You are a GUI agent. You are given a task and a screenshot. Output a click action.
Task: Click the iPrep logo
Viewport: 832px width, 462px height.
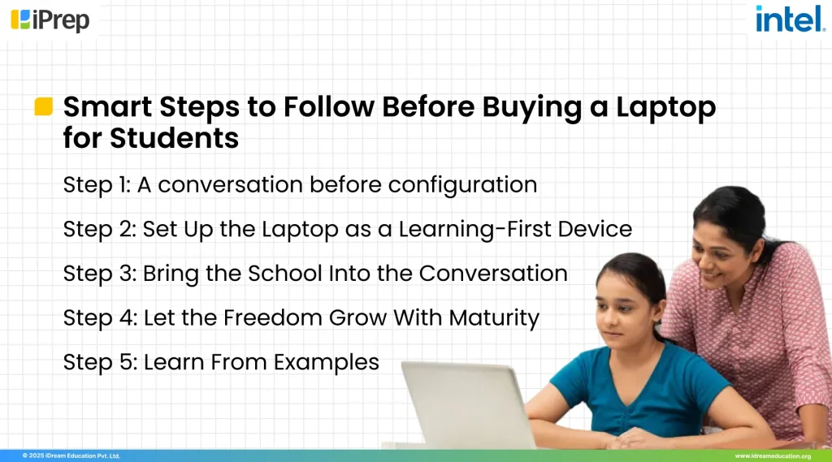(x=50, y=19)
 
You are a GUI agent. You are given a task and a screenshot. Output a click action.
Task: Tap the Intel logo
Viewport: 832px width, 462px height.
(x=790, y=19)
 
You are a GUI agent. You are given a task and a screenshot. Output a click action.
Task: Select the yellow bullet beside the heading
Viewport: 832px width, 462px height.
(x=44, y=106)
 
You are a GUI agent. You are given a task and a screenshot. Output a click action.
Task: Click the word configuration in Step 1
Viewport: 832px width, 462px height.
(x=462, y=186)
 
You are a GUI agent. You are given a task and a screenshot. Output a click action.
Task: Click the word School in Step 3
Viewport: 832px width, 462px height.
(x=273, y=273)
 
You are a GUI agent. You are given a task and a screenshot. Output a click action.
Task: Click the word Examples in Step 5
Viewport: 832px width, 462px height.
(x=327, y=361)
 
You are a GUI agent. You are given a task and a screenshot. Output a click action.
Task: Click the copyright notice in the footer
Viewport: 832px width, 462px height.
(x=71, y=456)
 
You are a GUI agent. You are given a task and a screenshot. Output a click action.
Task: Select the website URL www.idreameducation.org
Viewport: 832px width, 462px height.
(x=773, y=456)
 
